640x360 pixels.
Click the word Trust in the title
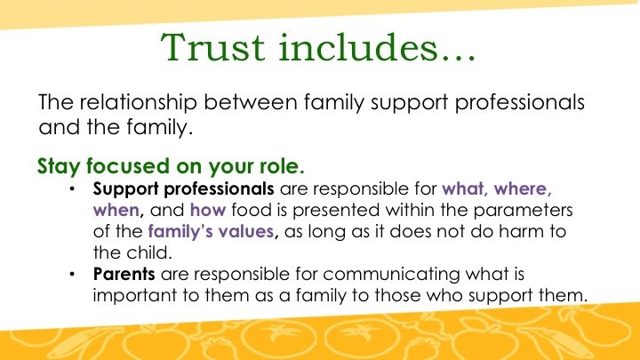coord(212,47)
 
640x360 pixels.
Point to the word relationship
coord(138,103)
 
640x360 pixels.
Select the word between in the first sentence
coord(250,102)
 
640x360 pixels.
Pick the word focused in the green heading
coord(128,165)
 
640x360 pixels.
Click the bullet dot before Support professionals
coord(72,188)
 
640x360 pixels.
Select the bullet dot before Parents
coord(72,274)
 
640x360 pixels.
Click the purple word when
coord(116,211)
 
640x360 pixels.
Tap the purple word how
coord(208,210)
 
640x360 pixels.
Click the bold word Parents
coord(124,274)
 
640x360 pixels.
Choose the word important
coord(135,296)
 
